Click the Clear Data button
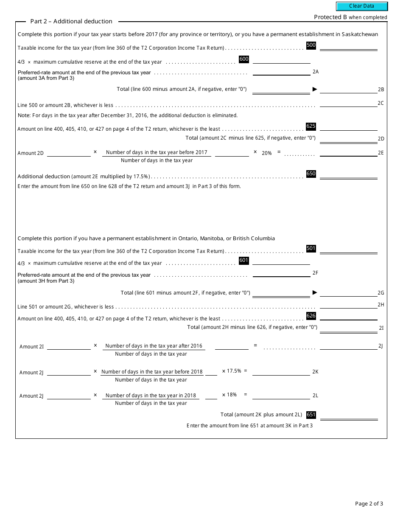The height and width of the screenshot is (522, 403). tap(362, 6)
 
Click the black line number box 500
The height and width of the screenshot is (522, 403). tap(311, 45)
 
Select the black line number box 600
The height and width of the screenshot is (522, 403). tap(244, 59)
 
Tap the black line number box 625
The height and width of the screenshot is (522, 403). tap(311, 126)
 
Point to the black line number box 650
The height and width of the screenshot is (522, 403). tap(311, 174)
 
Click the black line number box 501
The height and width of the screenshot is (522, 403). tap(311, 248)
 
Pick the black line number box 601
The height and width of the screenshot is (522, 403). tap(244, 260)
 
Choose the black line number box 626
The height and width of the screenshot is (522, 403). tap(311, 316)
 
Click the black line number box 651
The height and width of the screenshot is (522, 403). tap(311, 415)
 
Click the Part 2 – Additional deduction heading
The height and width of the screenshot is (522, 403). tap(71, 21)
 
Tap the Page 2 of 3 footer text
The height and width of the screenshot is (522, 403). tap(369, 504)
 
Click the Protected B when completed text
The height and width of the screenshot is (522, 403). tap(350, 17)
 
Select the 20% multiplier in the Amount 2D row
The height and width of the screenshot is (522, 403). tap(266, 153)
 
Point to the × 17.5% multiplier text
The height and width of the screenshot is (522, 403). tap(232, 371)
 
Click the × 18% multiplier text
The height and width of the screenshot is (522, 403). tap(229, 395)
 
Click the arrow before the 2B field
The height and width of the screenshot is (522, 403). tap(315, 89)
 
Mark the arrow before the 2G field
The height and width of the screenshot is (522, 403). tap(315, 292)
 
